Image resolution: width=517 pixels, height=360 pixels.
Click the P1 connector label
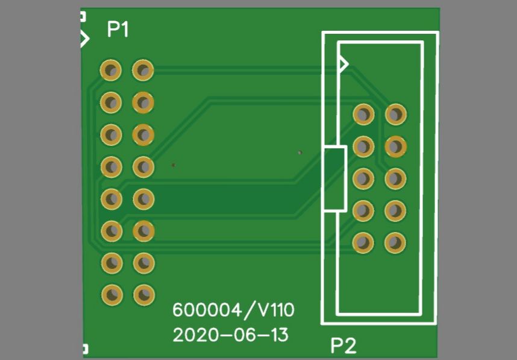click(x=117, y=29)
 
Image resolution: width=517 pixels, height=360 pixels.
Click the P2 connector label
click(x=343, y=346)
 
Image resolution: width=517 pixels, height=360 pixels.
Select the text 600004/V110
click(x=233, y=311)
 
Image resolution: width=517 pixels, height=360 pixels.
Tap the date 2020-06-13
click(x=230, y=335)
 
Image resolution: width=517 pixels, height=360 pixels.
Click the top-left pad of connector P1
click(x=111, y=71)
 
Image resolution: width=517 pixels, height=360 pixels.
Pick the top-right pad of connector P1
click(x=143, y=71)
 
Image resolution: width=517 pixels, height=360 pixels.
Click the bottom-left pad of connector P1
click(x=111, y=294)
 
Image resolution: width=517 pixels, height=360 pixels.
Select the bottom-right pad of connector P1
click(x=143, y=294)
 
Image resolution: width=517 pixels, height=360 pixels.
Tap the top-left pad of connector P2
click(x=363, y=114)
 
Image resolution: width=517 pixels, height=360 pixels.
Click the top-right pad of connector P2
click(x=395, y=114)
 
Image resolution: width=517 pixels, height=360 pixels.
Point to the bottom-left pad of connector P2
click(x=363, y=242)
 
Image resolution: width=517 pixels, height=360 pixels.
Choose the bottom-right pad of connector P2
click(x=395, y=242)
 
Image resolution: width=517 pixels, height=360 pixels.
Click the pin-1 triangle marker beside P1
click(x=84, y=39)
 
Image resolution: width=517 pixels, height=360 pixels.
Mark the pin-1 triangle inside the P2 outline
click(x=343, y=63)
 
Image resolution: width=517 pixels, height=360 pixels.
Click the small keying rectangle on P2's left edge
click(x=334, y=178)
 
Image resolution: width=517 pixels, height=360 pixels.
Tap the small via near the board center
click(x=299, y=152)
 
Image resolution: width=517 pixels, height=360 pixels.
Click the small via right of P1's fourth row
click(x=174, y=164)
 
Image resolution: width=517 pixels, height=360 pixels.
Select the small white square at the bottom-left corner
click(x=85, y=349)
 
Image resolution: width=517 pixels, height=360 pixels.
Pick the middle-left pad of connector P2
click(x=363, y=178)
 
